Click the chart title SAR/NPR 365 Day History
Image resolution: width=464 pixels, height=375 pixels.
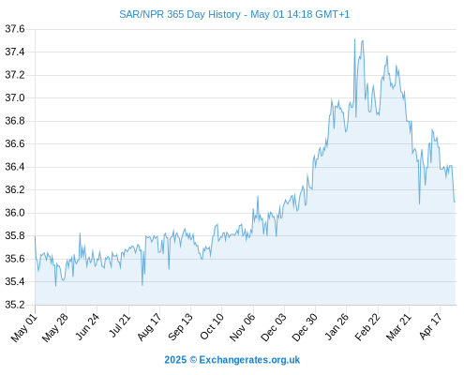point(180,14)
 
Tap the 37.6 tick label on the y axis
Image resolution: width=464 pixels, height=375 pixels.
point(15,29)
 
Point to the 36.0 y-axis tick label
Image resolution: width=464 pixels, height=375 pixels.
point(15,213)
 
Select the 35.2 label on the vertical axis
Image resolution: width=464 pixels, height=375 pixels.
point(15,305)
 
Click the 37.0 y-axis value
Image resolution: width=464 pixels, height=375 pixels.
point(15,98)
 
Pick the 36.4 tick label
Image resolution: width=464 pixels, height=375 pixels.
point(15,167)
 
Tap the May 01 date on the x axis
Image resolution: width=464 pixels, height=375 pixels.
point(24,328)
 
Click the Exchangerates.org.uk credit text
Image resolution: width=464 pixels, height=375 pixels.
point(249,360)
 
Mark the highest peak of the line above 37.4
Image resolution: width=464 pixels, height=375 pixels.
point(354,39)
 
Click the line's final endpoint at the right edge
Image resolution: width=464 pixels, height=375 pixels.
point(455,202)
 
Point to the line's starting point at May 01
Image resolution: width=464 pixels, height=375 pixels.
point(35,236)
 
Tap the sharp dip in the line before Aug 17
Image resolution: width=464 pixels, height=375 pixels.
point(142,285)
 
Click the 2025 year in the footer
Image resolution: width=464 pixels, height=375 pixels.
point(175,360)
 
